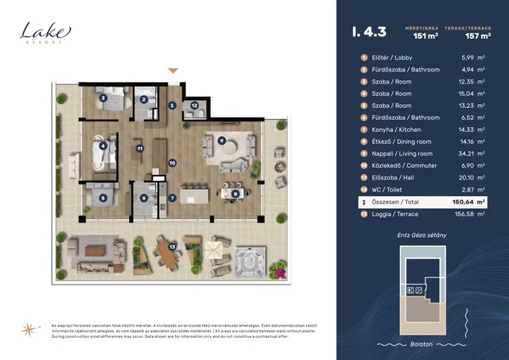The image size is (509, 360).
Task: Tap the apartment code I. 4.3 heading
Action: click(x=369, y=33)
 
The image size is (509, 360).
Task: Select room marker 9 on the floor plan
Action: click(x=222, y=140)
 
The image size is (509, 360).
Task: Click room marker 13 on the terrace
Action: click(x=172, y=246)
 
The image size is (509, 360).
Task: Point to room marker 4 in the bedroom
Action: click(x=103, y=145)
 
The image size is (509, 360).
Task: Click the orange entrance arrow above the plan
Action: click(x=173, y=72)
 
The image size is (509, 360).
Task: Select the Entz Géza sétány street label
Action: click(x=422, y=236)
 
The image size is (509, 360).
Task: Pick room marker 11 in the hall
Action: click(x=139, y=148)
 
